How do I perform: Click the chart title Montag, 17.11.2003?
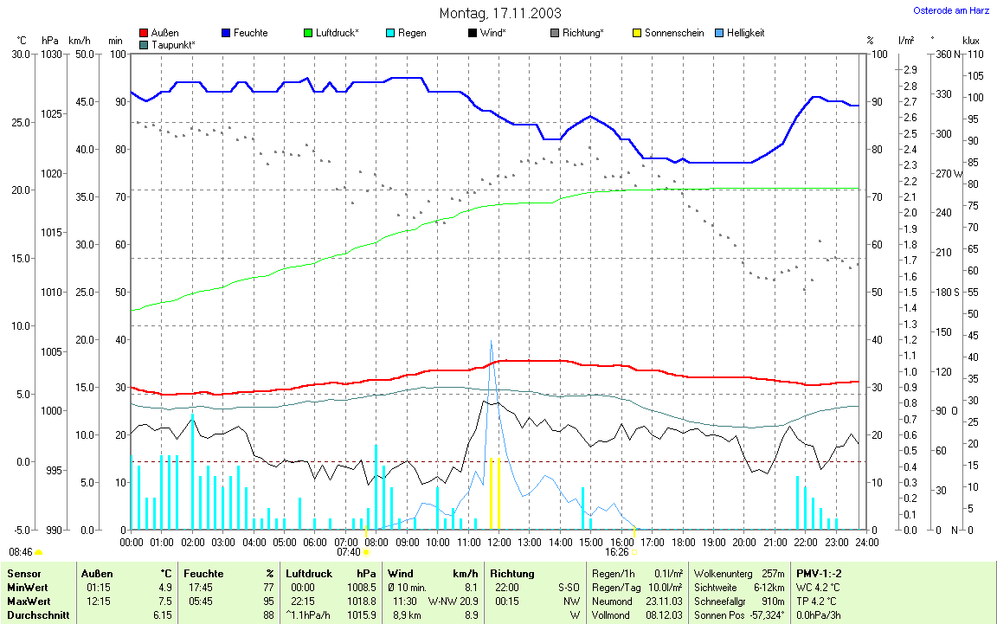coord(499,13)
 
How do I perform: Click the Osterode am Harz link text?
coord(951,10)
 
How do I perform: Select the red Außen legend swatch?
coord(144,33)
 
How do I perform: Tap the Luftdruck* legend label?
coord(337,33)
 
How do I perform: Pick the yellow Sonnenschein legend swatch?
coord(638,33)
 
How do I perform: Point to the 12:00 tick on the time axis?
coord(498,542)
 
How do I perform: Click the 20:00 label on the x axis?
coord(743,542)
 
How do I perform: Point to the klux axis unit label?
coord(971,41)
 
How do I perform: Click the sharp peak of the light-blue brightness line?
coord(492,341)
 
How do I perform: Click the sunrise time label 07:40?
coord(348,551)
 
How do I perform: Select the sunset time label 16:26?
coord(616,551)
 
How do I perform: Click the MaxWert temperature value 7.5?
coord(165,601)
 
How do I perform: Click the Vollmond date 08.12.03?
coord(664,615)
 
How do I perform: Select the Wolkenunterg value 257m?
coord(772,574)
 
